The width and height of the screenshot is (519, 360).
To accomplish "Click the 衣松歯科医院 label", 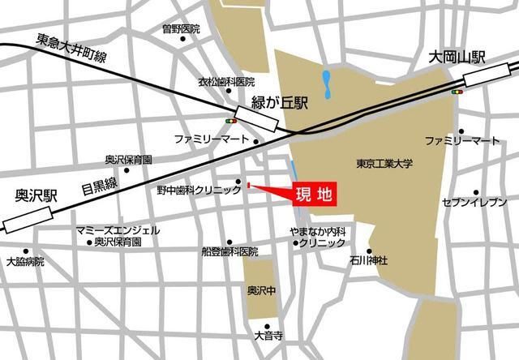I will (227, 83).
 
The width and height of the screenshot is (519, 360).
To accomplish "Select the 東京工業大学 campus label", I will (384, 164).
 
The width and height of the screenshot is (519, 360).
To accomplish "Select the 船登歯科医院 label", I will (229, 252).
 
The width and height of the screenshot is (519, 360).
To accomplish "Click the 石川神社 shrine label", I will (370, 261).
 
